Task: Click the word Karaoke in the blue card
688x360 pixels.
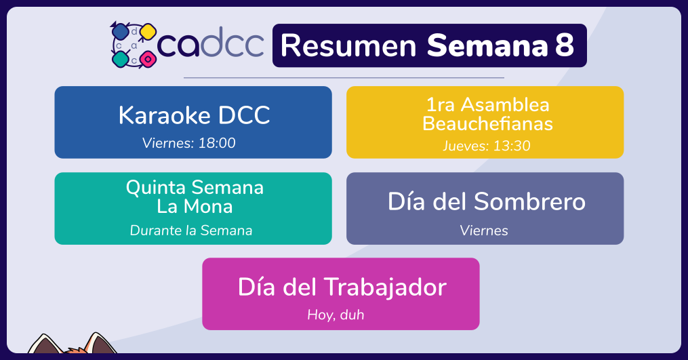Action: (x=165, y=115)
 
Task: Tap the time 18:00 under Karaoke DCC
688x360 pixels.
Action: (x=217, y=143)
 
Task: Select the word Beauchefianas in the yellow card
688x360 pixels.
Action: (x=487, y=124)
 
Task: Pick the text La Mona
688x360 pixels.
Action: (x=195, y=206)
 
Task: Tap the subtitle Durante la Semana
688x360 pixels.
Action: (x=191, y=231)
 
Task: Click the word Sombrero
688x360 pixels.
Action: (x=529, y=201)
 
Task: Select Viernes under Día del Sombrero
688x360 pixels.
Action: (x=484, y=231)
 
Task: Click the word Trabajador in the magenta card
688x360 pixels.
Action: (x=385, y=287)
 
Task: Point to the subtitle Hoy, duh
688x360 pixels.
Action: (x=336, y=315)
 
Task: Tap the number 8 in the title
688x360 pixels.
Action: (x=564, y=45)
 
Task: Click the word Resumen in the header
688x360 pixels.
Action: (x=348, y=45)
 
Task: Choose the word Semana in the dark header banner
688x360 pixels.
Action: (x=487, y=45)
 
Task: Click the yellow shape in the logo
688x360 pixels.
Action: (x=148, y=32)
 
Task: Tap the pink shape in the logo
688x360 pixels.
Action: (x=148, y=59)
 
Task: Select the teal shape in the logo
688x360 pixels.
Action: (x=120, y=59)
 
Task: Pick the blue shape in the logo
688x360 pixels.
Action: (x=120, y=32)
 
